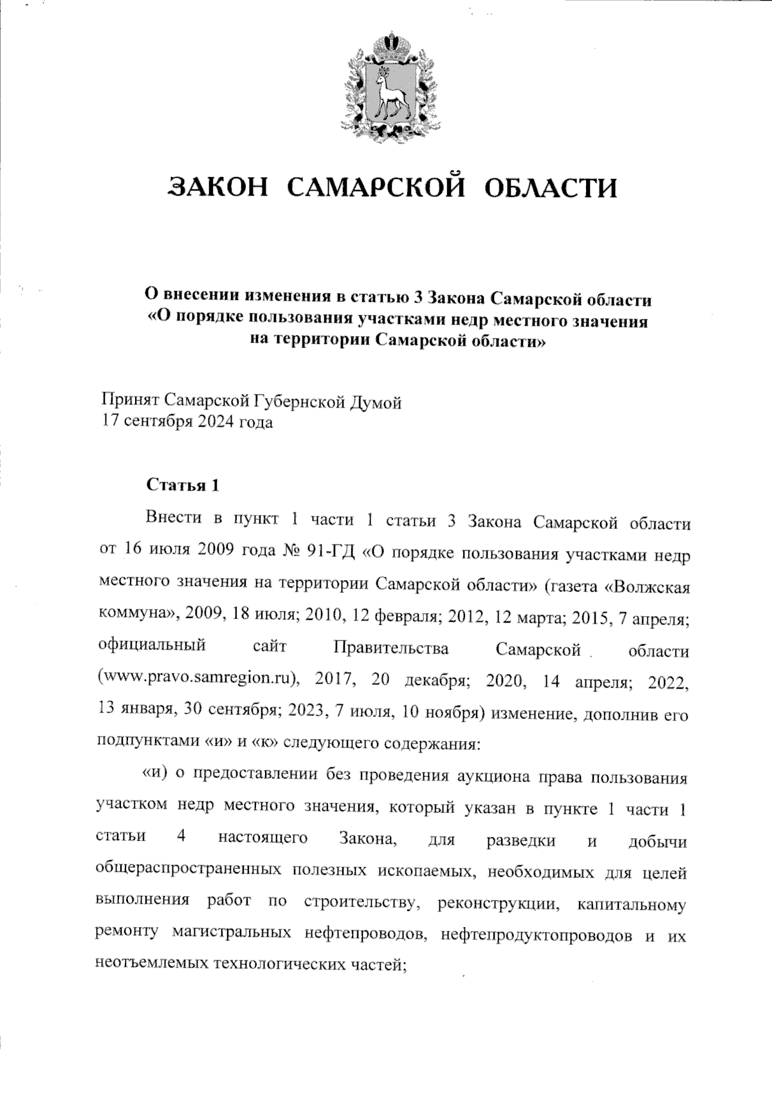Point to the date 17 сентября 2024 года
coord(187,423)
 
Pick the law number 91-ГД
coord(329,553)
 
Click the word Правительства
coord(391,649)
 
